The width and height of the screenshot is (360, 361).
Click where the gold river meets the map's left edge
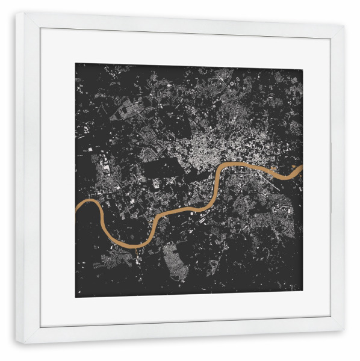76,209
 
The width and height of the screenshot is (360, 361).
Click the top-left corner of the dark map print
75,64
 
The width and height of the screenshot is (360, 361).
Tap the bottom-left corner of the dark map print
75,297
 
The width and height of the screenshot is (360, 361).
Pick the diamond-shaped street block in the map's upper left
123,111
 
